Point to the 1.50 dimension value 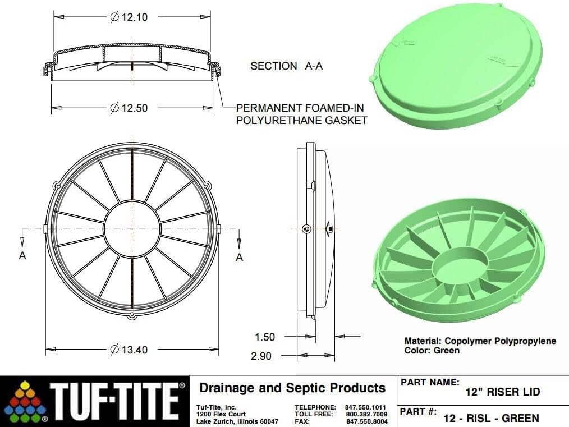pos(265,337)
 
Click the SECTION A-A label pos(286,66)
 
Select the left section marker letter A pos(22,256)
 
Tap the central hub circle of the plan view pos(132,229)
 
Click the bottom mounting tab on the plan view pos(132,316)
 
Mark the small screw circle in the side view pos(306,229)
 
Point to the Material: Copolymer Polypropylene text pos(480,341)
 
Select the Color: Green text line pos(432,351)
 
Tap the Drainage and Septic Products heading pos(292,388)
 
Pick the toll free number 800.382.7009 pos(366,414)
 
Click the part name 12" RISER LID pos(502,392)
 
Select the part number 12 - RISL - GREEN pos(490,417)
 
